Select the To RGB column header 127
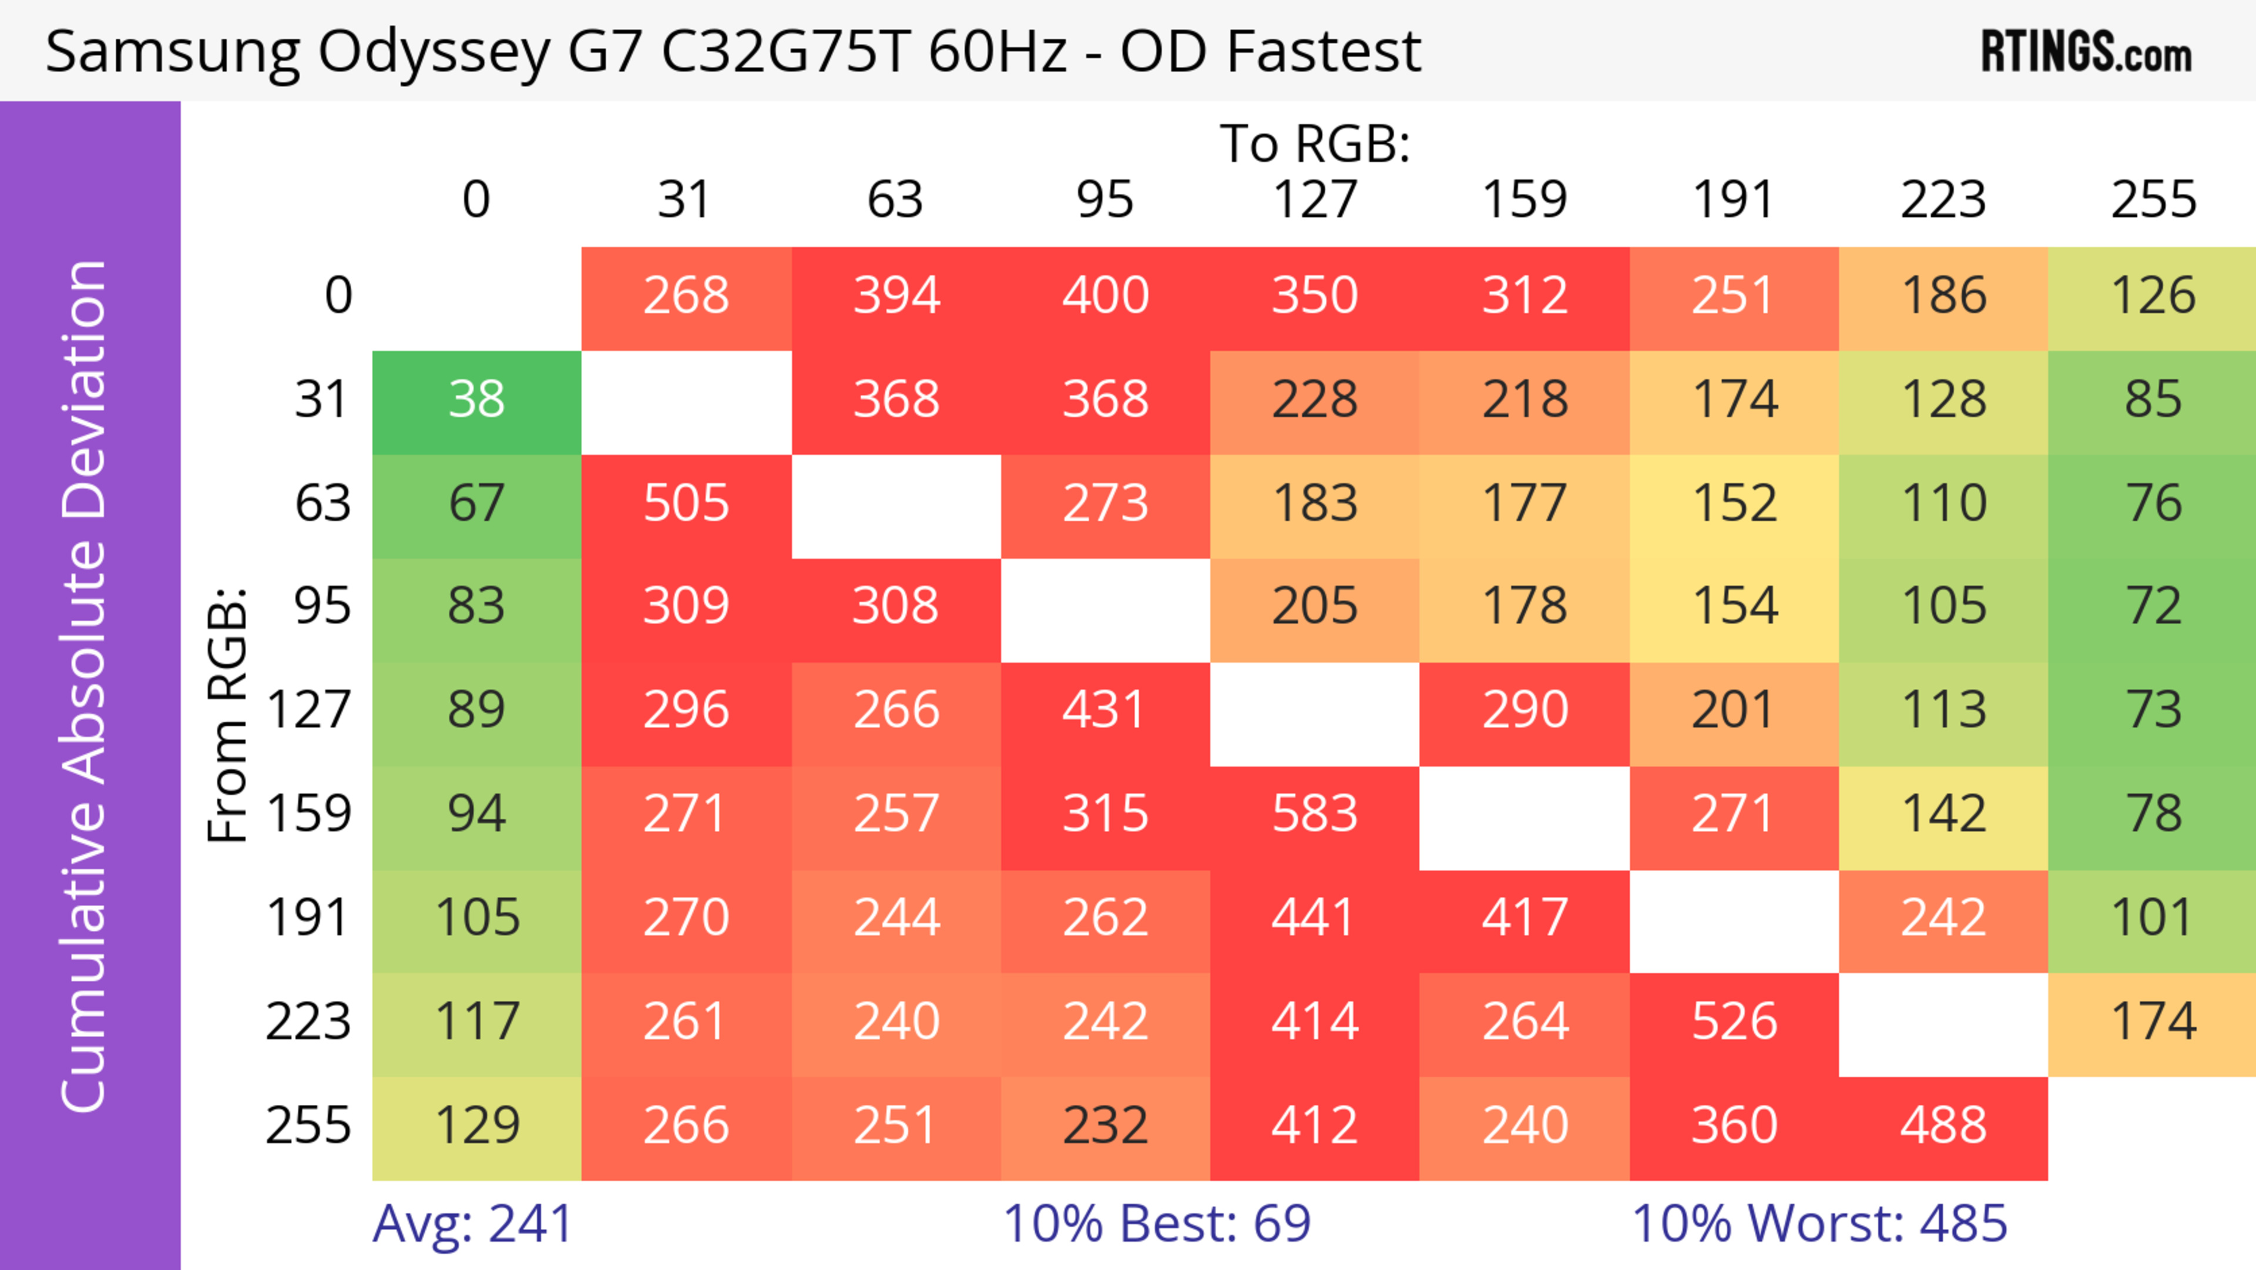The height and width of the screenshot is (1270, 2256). tap(1315, 200)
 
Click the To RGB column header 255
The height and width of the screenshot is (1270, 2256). tap(2153, 200)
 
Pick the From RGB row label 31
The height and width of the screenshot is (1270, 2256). tap(323, 400)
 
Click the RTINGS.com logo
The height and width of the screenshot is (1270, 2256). tap(2086, 52)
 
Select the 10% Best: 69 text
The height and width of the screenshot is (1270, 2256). tap(1156, 1224)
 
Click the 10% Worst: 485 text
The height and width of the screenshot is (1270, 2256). tap(1819, 1224)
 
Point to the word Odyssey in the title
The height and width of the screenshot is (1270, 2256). tap(434, 52)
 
